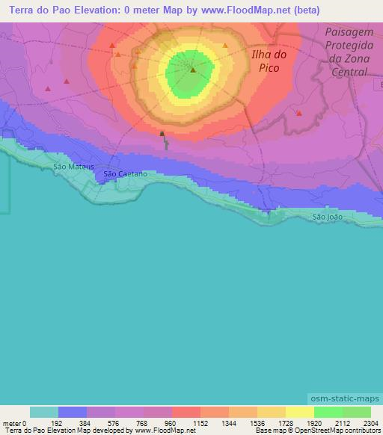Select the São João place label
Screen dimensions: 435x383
(x=328, y=217)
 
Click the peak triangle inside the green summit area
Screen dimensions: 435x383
(x=193, y=70)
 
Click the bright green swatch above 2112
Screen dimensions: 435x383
(x=328, y=412)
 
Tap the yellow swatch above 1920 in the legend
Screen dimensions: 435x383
(x=299, y=412)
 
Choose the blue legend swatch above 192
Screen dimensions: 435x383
(x=73, y=412)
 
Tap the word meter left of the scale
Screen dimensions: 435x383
(x=11, y=423)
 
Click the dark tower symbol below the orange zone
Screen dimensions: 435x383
(x=162, y=134)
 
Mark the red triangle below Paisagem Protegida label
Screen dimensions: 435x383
(x=298, y=113)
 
